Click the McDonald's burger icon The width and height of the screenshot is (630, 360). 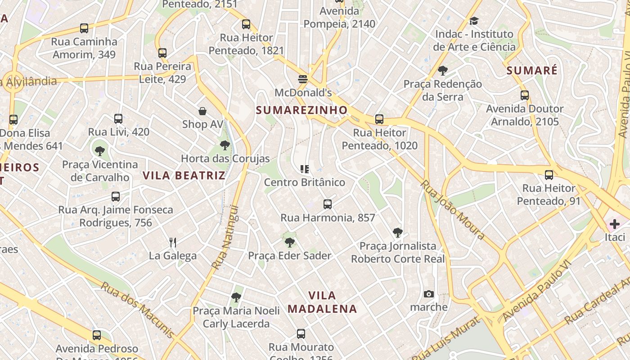click(302, 80)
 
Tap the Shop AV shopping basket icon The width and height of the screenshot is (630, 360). click(202, 111)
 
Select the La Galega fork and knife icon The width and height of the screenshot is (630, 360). click(173, 243)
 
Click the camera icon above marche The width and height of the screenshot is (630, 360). click(429, 294)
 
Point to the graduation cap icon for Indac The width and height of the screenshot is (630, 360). click(474, 21)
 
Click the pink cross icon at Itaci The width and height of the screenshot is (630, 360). click(615, 224)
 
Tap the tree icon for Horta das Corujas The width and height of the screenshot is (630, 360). click(225, 145)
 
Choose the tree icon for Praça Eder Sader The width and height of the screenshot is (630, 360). click(290, 243)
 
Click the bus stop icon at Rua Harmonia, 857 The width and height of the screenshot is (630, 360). click(328, 204)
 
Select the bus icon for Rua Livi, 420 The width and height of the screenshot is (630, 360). click(118, 119)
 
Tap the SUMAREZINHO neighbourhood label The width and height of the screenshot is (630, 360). click(302, 110)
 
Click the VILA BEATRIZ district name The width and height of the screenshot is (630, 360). click(184, 175)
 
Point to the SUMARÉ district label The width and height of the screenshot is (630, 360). click(532, 71)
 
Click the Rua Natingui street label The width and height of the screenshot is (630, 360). click(225, 238)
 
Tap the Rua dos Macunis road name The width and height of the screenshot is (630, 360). click(137, 310)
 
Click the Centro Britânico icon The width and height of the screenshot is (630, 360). click(305, 169)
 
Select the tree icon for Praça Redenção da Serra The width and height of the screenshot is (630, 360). click(443, 71)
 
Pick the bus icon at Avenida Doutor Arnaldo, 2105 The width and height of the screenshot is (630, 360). click(525, 95)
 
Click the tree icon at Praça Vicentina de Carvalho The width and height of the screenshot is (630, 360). click(100, 151)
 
